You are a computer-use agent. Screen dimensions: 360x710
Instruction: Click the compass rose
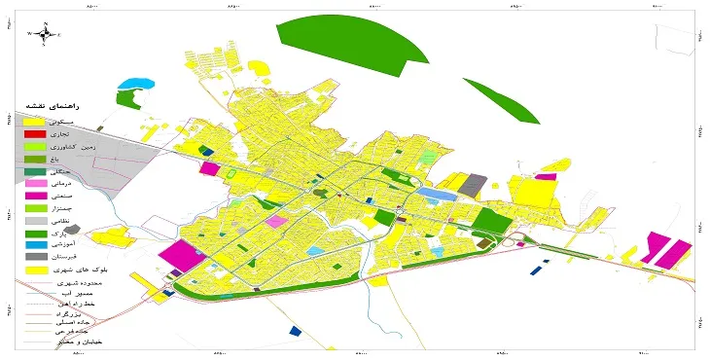point(45,33)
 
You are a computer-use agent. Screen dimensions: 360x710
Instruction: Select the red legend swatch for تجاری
point(35,133)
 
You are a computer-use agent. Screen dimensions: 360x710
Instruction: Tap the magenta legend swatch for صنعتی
point(35,196)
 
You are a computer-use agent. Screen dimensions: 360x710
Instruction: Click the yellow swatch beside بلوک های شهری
point(35,270)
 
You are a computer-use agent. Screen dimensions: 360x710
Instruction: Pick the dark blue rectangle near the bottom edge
point(295,332)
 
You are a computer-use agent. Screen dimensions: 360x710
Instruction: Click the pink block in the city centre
point(276,221)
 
